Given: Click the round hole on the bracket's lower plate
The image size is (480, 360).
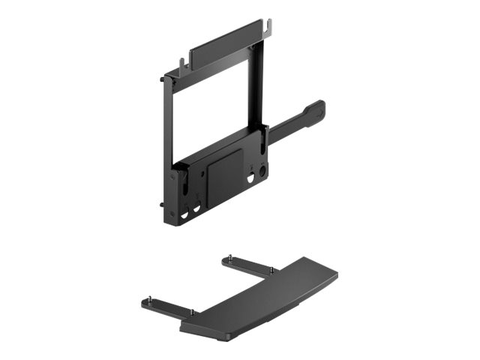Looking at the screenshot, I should [262, 170].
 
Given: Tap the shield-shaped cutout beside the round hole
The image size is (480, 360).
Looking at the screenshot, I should [251, 179].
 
